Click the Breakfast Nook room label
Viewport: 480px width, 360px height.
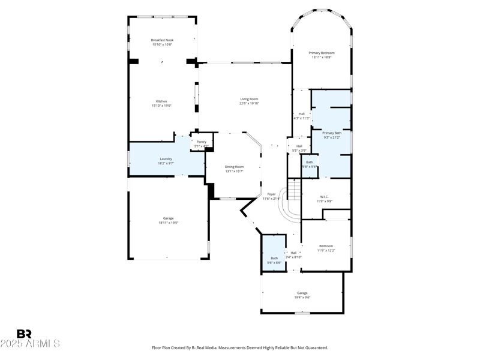(x=161, y=43)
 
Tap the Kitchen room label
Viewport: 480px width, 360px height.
(x=161, y=103)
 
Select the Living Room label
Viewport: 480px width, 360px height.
(x=249, y=101)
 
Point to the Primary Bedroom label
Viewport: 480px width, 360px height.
(x=322, y=55)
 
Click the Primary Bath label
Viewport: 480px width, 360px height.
(x=332, y=135)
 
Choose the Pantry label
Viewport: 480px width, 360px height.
(x=202, y=144)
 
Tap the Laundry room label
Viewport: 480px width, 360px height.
(x=166, y=161)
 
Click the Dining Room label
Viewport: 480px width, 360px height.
(x=234, y=169)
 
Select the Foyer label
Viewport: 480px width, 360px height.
(x=271, y=196)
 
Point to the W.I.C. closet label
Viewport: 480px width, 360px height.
(x=324, y=199)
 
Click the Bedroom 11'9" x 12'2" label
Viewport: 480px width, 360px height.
(x=326, y=248)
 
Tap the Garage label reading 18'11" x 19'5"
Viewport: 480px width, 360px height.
(x=168, y=220)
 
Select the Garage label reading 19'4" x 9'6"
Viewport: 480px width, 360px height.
(x=302, y=295)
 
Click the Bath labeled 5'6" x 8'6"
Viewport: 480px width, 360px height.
(x=274, y=260)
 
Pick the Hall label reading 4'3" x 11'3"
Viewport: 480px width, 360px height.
(x=301, y=116)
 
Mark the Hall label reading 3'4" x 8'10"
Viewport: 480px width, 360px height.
(x=293, y=254)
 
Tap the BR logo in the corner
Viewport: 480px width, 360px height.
(x=24, y=334)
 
